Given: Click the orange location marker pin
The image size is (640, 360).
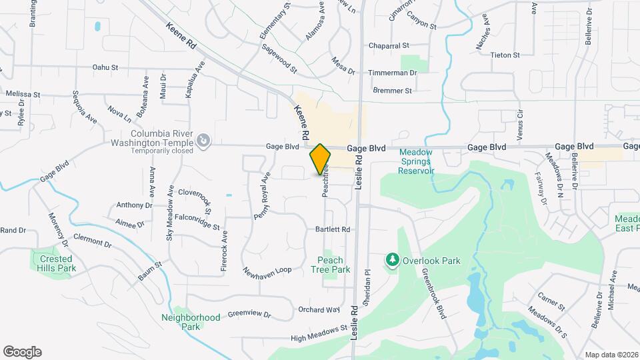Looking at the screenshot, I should pyautogui.click(x=320, y=161).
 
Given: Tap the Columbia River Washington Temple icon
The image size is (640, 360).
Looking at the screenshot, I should pyautogui.click(x=203, y=141).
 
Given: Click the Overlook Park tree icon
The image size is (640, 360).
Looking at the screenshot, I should pyautogui.click(x=393, y=259).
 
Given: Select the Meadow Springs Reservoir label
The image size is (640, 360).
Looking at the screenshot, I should pyautogui.click(x=416, y=161).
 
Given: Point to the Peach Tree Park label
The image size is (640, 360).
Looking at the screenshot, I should pyautogui.click(x=330, y=265).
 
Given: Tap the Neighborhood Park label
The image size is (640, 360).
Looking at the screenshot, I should pyautogui.click(x=191, y=322).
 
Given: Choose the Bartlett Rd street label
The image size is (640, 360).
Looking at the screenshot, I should pyautogui.click(x=333, y=229).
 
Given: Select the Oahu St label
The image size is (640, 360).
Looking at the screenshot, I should pyautogui.click(x=105, y=67).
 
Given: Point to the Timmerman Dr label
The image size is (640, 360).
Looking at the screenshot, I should pyautogui.click(x=395, y=72).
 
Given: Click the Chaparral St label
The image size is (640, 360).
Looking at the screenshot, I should pyautogui.click(x=389, y=46).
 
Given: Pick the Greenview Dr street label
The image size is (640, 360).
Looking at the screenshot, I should pyautogui.click(x=250, y=314).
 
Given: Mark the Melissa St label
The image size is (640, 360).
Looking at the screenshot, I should pyautogui.click(x=23, y=95).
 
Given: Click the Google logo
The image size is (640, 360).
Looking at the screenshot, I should pyautogui.click(x=22, y=352).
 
